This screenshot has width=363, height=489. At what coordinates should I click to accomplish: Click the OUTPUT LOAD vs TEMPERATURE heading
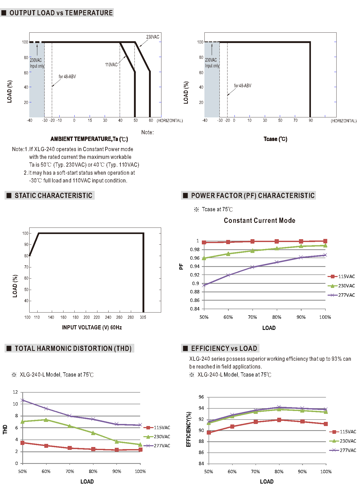[x=61, y=13]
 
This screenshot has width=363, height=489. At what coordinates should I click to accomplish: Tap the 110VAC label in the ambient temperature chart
[x=111, y=65]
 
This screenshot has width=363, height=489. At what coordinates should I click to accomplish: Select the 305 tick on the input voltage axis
[x=143, y=317]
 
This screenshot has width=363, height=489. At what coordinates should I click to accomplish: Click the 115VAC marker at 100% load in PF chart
[x=325, y=241]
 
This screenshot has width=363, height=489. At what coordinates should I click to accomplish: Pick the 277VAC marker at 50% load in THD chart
[x=23, y=400]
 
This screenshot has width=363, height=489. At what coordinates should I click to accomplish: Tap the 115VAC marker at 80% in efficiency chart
[x=279, y=420]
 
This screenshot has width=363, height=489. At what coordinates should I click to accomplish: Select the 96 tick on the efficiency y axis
[x=201, y=397]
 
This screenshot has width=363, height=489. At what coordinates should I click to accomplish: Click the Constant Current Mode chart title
[x=259, y=221]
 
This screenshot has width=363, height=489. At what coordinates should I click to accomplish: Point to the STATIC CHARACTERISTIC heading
[x=53, y=196]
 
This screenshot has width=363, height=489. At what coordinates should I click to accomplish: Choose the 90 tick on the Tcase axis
[x=311, y=120]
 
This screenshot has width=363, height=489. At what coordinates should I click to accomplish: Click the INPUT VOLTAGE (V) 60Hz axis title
[x=92, y=328]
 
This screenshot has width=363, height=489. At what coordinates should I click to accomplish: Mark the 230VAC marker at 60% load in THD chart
[x=46, y=420]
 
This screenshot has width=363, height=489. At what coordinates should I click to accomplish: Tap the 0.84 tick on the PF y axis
[x=195, y=309]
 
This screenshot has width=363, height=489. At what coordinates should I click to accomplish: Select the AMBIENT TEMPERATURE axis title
[x=89, y=139]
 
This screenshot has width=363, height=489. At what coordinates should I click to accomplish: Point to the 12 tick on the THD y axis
[x=15, y=392]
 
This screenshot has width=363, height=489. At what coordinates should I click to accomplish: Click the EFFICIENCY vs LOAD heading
[x=224, y=349]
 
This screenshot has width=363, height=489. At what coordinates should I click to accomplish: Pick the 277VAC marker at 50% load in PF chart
[x=204, y=285]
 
